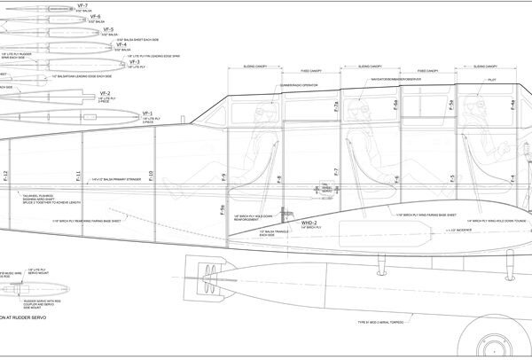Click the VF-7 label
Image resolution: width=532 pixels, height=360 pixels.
pos(109,4)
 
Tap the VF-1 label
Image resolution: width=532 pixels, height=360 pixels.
pos(148,113)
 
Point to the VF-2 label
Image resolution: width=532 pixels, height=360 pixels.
pos(105,93)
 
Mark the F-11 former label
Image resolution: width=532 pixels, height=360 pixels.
pos(78,176)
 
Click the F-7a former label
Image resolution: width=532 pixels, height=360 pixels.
pos(336,107)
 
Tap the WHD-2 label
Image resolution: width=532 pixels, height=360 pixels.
pos(310,223)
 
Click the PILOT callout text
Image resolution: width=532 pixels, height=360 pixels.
pos(493,79)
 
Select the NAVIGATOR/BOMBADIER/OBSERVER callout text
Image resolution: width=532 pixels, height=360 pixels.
pos(395,79)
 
